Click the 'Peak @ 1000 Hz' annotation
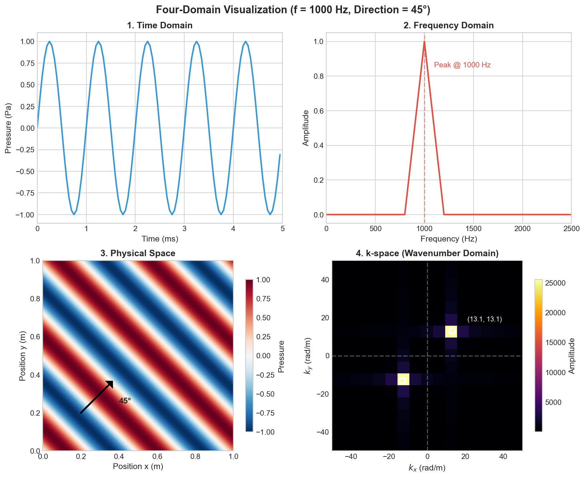tap(462, 65)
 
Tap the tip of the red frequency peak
tap(424, 42)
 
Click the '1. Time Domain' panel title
tap(160, 25)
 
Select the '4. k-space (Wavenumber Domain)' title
tap(427, 253)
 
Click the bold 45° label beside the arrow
tap(125, 401)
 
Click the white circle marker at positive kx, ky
tap(452, 331)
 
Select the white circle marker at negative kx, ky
tap(403, 381)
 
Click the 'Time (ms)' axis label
tap(160, 239)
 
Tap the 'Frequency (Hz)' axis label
tap(448, 239)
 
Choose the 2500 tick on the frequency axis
tap(571, 229)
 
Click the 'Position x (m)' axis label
tap(138, 466)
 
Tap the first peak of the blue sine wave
tap(49, 42)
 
